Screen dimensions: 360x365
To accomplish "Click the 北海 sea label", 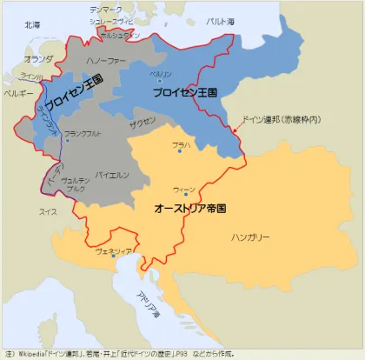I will pos(32,25).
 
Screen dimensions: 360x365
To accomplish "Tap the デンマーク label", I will pos(107,9).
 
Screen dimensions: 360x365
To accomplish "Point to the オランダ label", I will pos(39,58).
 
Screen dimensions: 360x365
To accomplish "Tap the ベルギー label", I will pos(18,91).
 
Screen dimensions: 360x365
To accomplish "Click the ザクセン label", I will pos(143,122).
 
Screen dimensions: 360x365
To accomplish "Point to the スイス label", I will pos(49,210).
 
